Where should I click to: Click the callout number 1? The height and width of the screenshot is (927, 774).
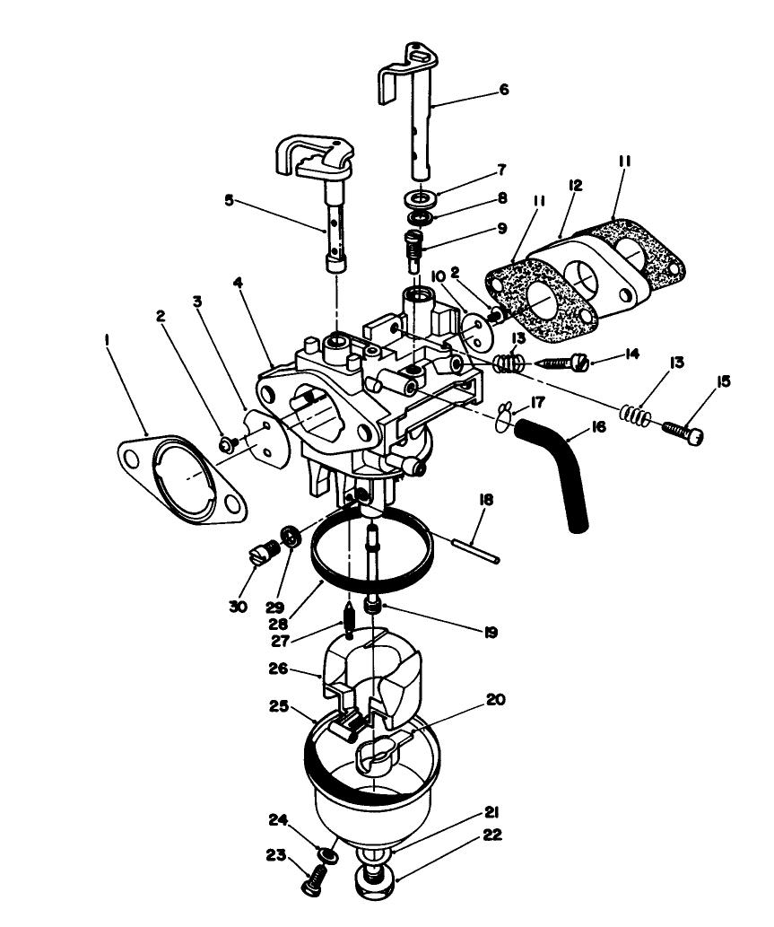pos(108,341)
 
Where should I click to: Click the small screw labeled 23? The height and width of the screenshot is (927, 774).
pos(312,883)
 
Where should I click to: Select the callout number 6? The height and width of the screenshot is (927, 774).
pos(503,90)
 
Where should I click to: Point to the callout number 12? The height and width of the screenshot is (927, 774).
pos(575,186)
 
